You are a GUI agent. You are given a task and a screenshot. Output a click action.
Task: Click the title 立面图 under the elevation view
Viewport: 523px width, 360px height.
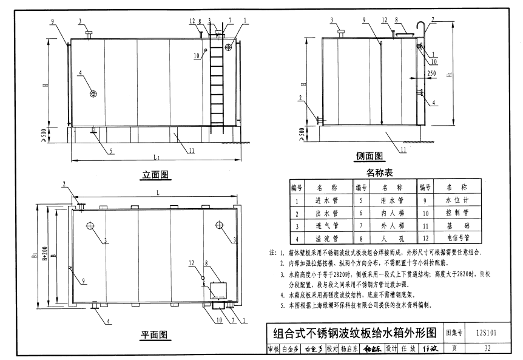tap(156, 175)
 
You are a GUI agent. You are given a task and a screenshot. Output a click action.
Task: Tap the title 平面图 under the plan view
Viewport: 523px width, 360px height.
tap(155, 335)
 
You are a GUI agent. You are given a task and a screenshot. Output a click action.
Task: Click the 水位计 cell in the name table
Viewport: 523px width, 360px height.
tap(454, 200)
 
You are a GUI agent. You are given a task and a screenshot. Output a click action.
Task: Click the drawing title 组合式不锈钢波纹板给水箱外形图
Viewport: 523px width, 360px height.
tap(355, 333)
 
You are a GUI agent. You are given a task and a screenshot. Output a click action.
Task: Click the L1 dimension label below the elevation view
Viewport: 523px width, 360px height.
tap(157, 157)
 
